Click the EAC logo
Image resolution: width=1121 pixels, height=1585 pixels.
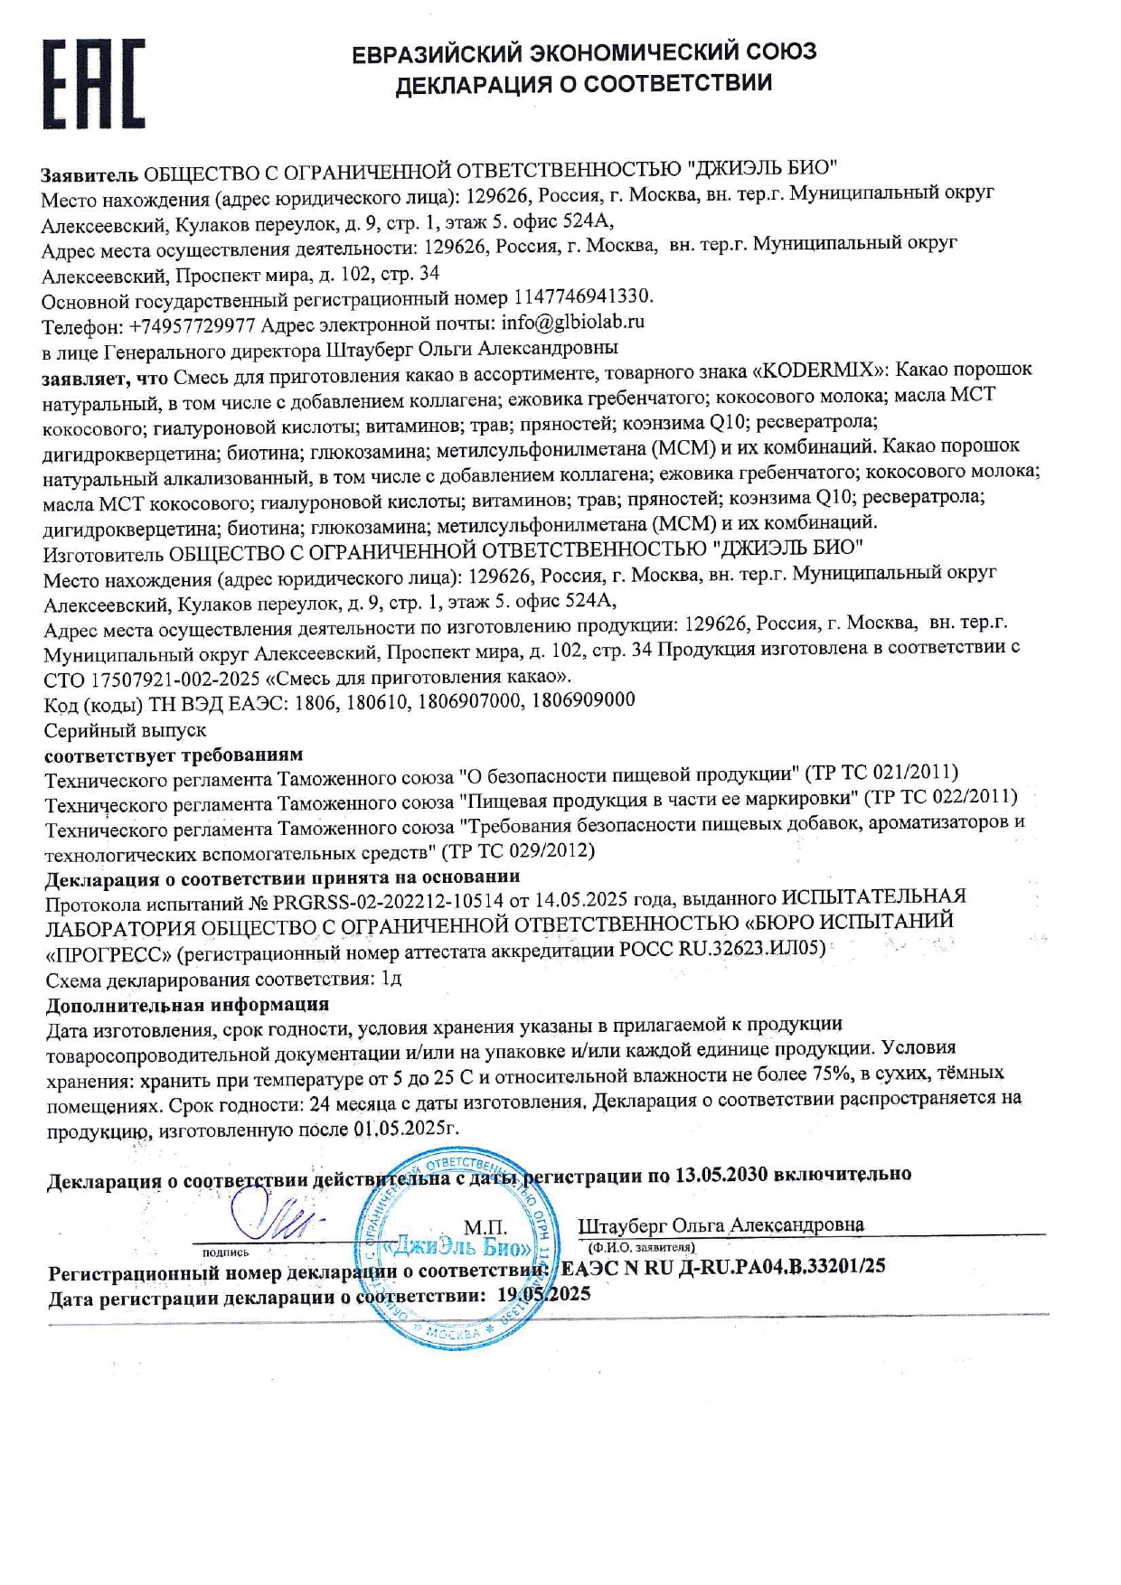click(93, 83)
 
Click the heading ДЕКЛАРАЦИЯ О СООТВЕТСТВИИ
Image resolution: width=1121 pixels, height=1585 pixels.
click(584, 84)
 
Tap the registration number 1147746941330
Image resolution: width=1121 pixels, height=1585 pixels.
click(582, 296)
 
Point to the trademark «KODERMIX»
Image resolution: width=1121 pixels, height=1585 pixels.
click(822, 370)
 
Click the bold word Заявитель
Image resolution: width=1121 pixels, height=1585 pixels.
click(89, 173)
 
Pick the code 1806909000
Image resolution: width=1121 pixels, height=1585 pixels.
click(583, 700)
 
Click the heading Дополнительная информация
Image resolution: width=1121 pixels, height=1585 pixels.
click(187, 1004)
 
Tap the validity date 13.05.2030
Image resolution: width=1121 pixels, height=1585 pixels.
click(721, 1174)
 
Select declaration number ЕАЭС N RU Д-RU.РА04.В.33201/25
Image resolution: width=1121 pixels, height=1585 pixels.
click(723, 1267)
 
